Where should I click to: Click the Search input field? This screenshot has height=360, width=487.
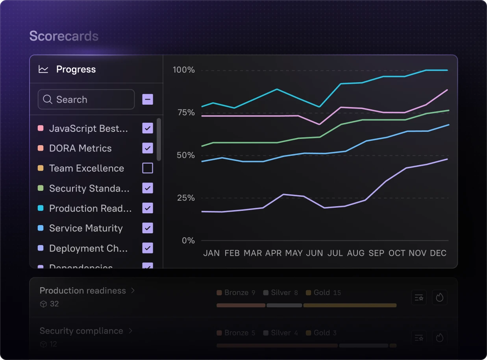(x=86, y=100)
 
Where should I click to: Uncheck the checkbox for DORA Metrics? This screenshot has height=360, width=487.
(x=148, y=148)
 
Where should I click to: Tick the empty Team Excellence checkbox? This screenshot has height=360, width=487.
(x=148, y=168)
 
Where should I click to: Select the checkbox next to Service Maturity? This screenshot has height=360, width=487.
(x=148, y=228)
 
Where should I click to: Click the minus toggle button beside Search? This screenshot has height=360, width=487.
(x=148, y=99)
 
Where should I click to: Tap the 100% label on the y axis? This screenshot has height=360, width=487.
(x=184, y=70)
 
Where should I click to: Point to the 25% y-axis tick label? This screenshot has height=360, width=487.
(x=186, y=198)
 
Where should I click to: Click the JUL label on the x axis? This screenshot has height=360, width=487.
(x=335, y=253)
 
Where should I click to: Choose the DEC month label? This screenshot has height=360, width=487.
(x=438, y=253)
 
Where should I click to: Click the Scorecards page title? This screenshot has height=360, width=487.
(x=64, y=36)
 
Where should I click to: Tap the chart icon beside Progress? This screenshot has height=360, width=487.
(x=43, y=70)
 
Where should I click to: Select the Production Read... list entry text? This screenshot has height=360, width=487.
(x=90, y=209)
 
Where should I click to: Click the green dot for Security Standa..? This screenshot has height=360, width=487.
(x=40, y=188)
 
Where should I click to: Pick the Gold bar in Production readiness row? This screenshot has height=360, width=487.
(x=350, y=305)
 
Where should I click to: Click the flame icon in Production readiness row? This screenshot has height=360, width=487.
(x=439, y=298)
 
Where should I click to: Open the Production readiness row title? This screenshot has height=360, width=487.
(x=83, y=291)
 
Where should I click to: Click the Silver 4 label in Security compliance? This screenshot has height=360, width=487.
(x=281, y=333)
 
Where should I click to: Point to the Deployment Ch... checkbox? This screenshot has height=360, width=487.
(x=148, y=248)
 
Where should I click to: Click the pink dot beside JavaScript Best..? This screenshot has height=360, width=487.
(x=40, y=129)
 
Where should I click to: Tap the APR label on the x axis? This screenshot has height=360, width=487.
(x=274, y=253)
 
